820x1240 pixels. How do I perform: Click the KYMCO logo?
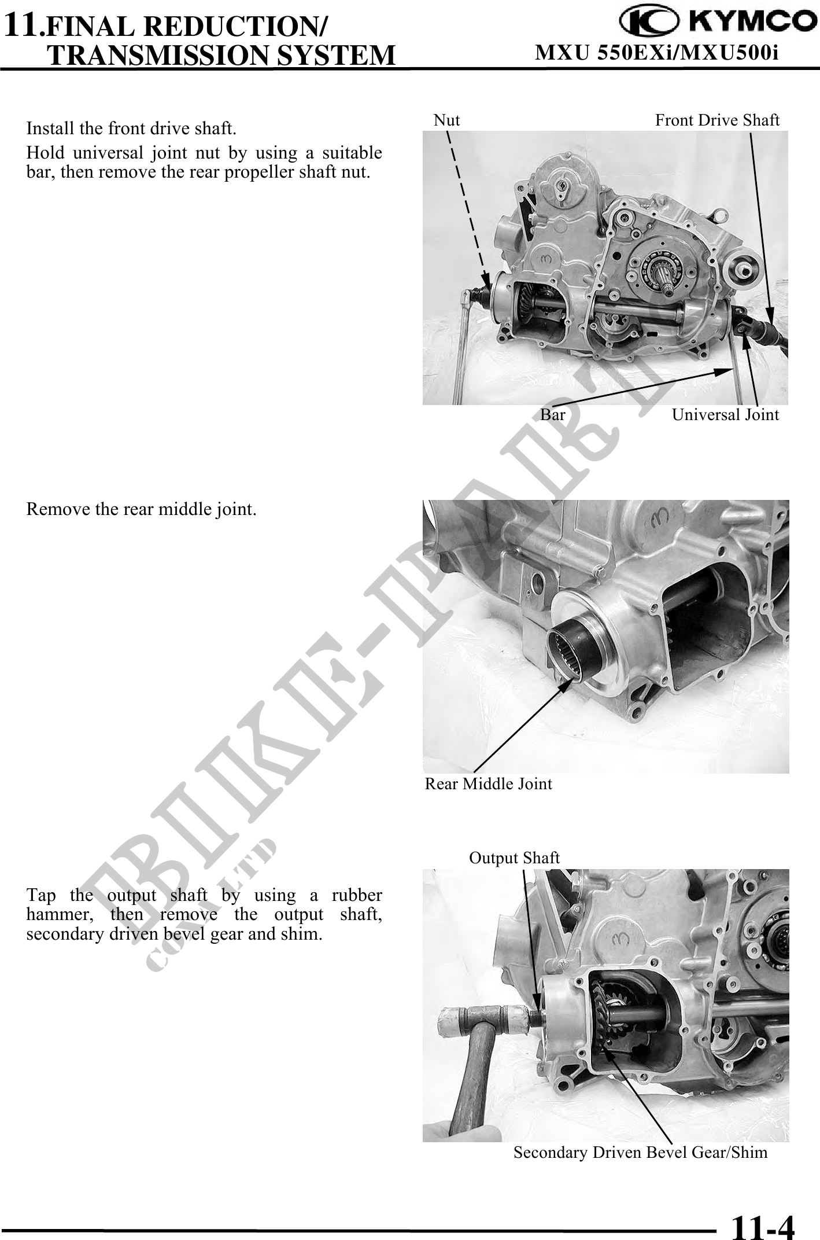point(714,23)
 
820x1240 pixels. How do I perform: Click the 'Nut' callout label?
point(446,120)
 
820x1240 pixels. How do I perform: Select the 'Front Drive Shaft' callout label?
point(717,120)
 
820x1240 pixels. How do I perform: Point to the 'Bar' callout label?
point(553,414)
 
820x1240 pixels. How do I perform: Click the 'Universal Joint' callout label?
point(725,414)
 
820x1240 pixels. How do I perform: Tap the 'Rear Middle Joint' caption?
point(489,783)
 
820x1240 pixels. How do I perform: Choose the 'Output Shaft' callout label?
point(514,858)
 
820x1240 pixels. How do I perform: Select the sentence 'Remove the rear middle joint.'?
point(142,510)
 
